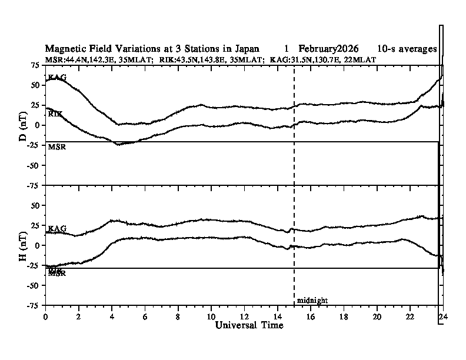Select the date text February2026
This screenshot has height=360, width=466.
(x=328, y=48)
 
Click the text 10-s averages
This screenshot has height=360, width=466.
(x=407, y=48)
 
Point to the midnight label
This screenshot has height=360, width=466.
(x=312, y=301)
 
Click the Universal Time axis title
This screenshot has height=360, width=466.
(x=249, y=325)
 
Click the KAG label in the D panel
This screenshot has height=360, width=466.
(x=56, y=78)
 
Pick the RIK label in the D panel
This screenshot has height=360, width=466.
(x=55, y=113)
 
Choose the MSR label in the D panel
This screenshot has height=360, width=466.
(x=56, y=147)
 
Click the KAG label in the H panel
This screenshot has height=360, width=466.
(x=56, y=228)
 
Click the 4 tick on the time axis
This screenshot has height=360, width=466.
(x=112, y=316)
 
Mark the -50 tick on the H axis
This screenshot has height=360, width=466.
(x=34, y=285)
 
